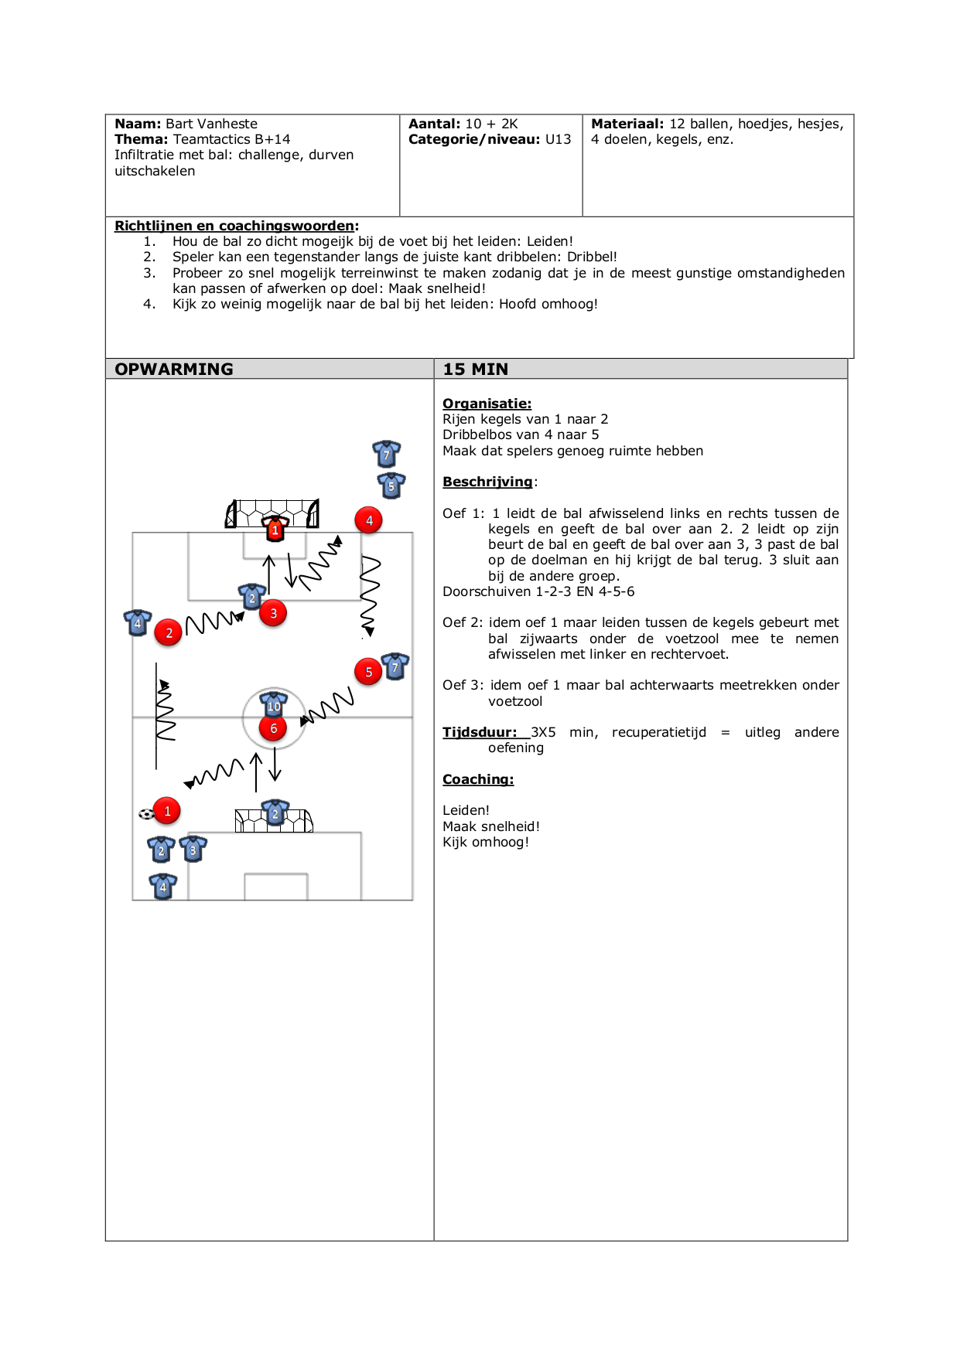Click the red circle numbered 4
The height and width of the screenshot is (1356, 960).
[x=369, y=520]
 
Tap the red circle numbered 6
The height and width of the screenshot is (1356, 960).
[x=273, y=728]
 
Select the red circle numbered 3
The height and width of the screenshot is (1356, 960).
[x=273, y=613]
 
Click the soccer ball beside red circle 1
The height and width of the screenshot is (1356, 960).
[x=145, y=813]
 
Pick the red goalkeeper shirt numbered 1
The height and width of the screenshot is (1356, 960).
[x=275, y=530]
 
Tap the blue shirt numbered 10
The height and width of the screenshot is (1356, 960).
[x=273, y=705]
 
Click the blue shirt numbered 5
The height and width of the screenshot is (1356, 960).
[x=391, y=486]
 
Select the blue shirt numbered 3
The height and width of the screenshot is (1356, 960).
[x=193, y=849]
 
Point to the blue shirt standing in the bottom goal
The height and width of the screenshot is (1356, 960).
[x=275, y=813]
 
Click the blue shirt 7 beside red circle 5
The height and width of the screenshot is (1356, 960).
[x=395, y=666]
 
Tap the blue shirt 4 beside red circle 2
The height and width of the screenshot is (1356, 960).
[x=138, y=622]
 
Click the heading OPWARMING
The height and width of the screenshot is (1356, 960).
[x=174, y=370]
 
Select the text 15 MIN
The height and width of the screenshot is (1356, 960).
[x=475, y=370]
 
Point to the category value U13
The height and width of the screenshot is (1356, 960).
[x=558, y=139]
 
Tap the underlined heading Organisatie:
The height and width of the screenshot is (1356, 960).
[x=487, y=404]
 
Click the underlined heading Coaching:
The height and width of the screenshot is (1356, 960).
[x=477, y=779]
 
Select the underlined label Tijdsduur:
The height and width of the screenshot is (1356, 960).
[x=479, y=732]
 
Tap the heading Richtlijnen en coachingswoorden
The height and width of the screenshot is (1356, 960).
[x=234, y=226]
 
